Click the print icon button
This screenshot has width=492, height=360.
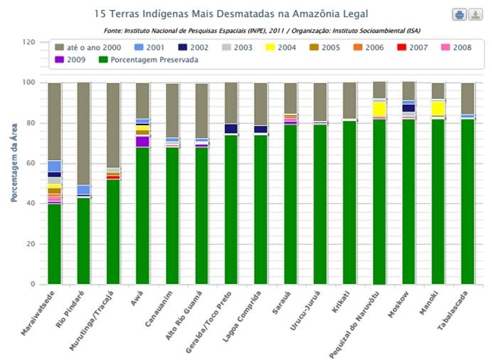[x=459, y=15]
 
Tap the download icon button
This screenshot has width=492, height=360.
[x=475, y=15]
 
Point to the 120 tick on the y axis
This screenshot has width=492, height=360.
[x=29, y=42]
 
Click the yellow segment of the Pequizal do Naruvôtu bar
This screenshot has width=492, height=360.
[x=379, y=109]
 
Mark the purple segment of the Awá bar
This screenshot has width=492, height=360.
[x=143, y=142]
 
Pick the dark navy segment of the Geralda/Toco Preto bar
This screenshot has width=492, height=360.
[x=231, y=129]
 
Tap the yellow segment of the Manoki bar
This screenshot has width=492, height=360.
[x=438, y=107]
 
